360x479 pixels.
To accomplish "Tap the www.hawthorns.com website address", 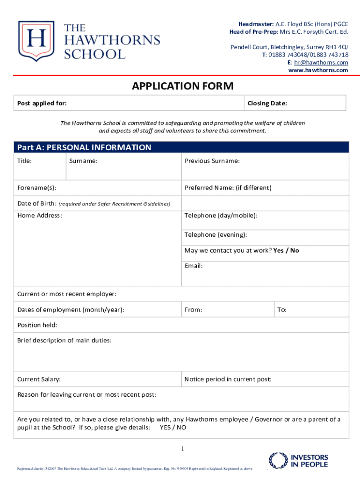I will click(318, 70).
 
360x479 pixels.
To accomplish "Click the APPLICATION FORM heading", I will click(182, 86).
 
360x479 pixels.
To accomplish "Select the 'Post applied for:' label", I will click(42, 103).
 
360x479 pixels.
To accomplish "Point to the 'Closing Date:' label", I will click(267, 103).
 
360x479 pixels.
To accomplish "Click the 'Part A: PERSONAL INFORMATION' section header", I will click(84, 147).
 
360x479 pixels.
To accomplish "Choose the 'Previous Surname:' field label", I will click(212, 161).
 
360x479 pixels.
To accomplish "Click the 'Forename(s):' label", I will click(36, 188).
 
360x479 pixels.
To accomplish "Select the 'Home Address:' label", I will click(40, 215).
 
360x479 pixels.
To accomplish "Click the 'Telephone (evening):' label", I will click(216, 234).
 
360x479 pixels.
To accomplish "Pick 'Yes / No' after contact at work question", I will click(286, 250).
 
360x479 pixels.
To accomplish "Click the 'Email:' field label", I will click(194, 266).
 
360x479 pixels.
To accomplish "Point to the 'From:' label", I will click(193, 310).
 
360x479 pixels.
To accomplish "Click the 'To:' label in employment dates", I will click(282, 310).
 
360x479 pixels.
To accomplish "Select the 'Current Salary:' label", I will click(39, 379).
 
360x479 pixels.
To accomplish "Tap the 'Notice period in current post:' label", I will click(228, 379).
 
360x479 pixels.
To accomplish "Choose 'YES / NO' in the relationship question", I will click(173, 427).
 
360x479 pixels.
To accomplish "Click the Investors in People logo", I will click(299, 460).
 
